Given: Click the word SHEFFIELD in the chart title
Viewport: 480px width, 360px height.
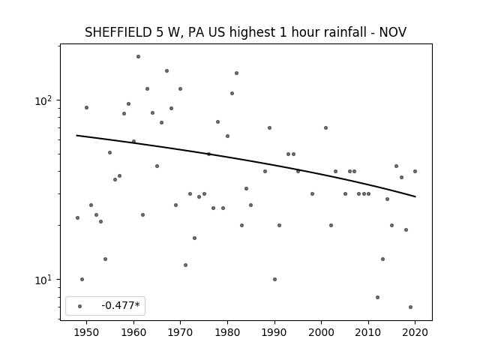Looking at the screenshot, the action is [118, 32].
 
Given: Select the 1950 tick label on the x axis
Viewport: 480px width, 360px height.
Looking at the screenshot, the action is [86, 332].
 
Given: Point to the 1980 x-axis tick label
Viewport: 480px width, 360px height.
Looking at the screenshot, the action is [227, 332].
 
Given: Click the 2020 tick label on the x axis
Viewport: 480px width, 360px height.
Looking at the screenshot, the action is [415, 332].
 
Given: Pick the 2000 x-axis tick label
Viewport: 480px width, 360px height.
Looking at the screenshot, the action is [321, 332].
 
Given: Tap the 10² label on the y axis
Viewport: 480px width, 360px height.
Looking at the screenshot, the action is [43, 100].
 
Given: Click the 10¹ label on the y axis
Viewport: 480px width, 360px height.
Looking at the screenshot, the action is [43, 280].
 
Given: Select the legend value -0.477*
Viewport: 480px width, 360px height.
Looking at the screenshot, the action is [121, 305].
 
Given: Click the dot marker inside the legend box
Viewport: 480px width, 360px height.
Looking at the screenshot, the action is [80, 306].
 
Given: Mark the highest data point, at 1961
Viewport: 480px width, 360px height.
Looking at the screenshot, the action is [138, 57].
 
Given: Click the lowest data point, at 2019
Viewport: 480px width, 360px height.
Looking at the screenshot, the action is [410, 307].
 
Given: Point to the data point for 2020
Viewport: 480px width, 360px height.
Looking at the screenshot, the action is [415, 172].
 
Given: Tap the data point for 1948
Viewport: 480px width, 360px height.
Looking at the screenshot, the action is [77, 218].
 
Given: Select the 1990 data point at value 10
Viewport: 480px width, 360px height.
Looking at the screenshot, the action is [274, 279].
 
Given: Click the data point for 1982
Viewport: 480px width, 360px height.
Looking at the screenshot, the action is [237, 73].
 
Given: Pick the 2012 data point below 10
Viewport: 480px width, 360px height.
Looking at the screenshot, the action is [377, 297].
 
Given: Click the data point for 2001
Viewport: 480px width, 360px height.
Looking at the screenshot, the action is [325, 128].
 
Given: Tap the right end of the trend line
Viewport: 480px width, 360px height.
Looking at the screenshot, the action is [415, 196].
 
